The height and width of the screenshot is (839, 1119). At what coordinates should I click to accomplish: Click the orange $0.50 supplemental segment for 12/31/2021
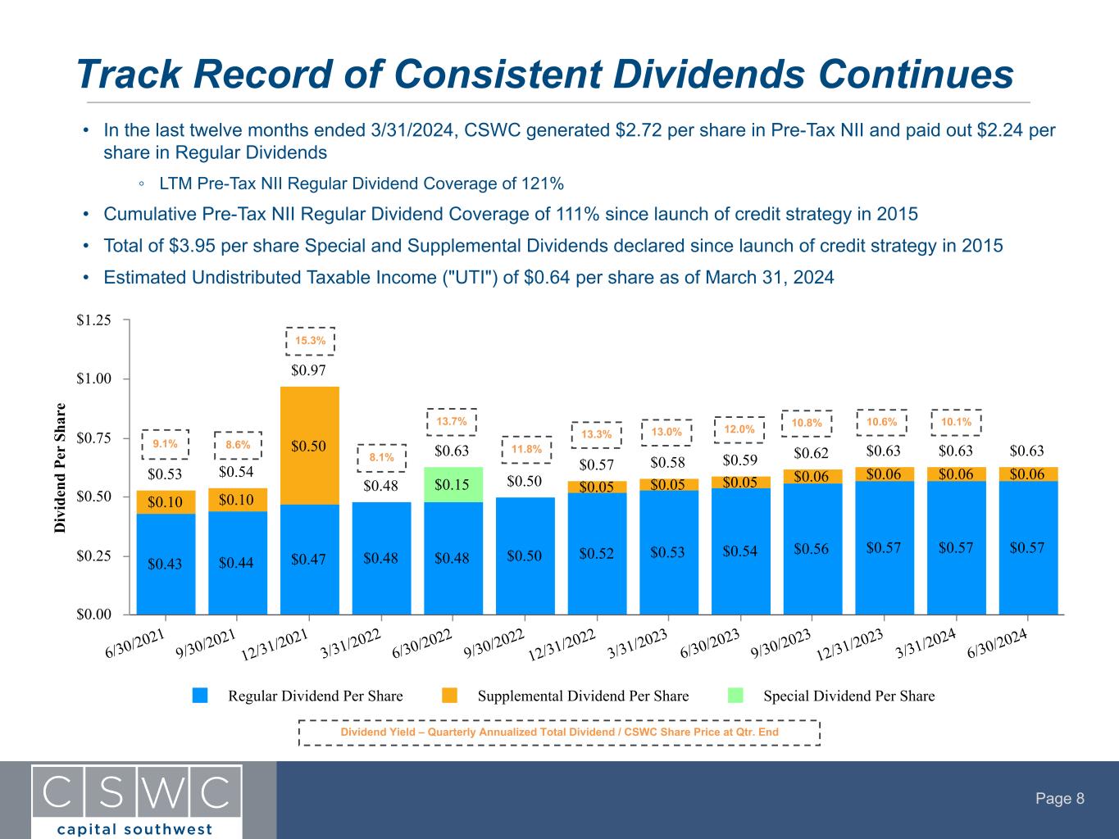[309, 446]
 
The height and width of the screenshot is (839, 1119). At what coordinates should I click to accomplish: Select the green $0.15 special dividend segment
[453, 484]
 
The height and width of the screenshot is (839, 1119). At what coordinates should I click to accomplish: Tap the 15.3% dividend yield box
[310, 340]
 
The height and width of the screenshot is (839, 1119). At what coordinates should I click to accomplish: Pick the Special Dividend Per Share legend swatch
[736, 696]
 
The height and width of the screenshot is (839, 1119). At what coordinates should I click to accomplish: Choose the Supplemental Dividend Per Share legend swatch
[449, 696]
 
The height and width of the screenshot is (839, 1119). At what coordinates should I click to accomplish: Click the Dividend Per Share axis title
[61, 467]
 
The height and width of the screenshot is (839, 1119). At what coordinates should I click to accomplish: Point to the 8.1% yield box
[381, 457]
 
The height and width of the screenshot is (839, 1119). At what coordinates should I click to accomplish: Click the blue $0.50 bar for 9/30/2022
[525, 556]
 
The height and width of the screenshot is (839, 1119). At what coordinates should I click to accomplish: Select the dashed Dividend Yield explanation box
[559, 732]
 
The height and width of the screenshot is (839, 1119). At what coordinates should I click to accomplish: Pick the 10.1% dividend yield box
[956, 422]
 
